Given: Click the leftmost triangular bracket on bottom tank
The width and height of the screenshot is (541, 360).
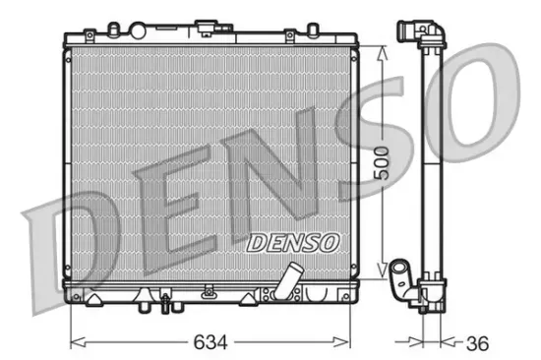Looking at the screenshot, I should tap(93, 293).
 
